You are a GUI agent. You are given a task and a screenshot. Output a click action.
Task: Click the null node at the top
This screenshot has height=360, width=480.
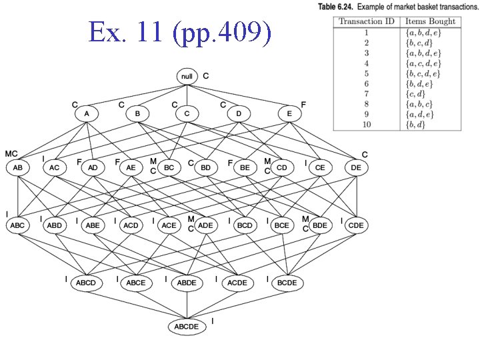click(187, 77)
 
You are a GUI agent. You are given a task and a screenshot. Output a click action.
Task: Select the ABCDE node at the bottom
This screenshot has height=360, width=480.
click(187, 327)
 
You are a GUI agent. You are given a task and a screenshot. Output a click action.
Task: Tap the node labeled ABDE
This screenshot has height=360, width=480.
click(187, 283)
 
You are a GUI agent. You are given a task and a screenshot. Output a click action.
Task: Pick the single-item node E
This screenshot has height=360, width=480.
click(289, 114)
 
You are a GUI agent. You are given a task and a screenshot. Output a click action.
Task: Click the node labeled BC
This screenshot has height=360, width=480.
click(169, 168)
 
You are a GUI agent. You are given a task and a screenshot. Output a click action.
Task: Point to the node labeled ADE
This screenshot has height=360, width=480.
click(206, 225)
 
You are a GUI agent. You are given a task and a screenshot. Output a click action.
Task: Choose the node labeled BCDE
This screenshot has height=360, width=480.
click(287, 283)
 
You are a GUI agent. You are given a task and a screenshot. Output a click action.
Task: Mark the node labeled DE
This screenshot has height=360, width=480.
click(356, 168)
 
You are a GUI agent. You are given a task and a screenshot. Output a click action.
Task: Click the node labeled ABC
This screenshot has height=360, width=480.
click(17, 225)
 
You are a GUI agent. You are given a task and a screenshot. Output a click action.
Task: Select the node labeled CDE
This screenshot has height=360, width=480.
click(356, 225)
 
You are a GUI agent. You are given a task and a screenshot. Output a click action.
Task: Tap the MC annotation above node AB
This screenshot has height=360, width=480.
click(11, 154)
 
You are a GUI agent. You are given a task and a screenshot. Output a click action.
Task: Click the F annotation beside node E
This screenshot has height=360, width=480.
click(304, 105)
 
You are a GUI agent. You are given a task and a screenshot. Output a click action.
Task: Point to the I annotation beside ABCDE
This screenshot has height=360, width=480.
click(212, 321)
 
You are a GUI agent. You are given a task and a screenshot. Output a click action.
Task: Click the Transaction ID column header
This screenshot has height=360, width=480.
click(366, 21)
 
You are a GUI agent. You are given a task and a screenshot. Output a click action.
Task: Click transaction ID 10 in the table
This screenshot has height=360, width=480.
click(366, 125)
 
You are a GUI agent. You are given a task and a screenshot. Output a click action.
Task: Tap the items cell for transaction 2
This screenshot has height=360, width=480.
click(418, 42)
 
